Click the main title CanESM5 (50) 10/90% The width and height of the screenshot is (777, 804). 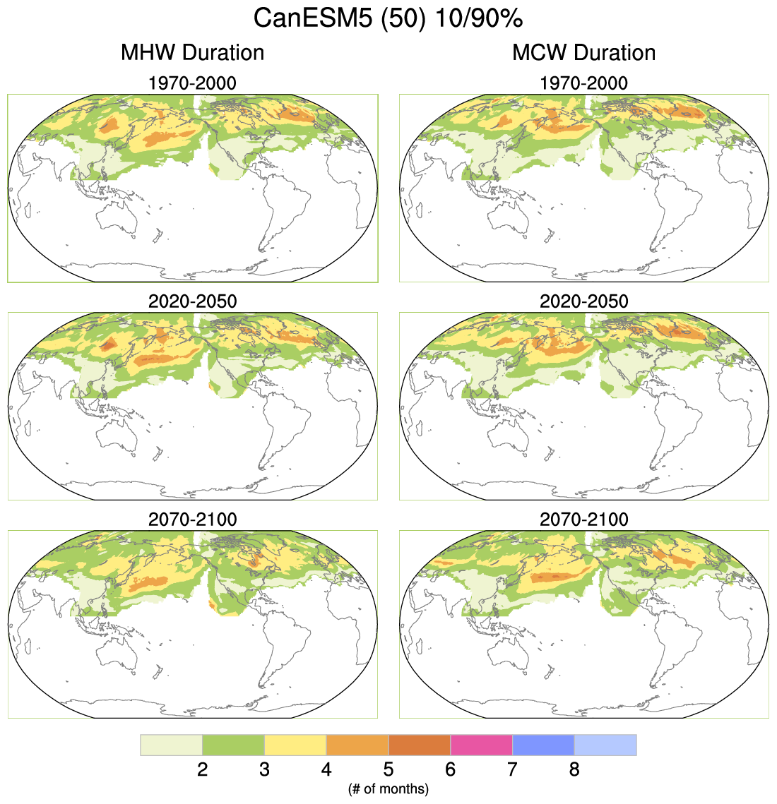(388, 18)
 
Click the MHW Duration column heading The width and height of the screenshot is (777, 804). (192, 53)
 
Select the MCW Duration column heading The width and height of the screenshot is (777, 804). (583, 53)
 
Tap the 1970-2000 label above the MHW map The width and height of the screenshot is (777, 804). (192, 83)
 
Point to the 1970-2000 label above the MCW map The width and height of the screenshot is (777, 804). (583, 83)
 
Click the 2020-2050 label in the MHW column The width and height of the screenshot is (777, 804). (192, 301)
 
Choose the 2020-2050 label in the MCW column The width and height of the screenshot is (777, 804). (583, 301)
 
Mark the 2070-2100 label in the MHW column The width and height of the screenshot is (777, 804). (192, 520)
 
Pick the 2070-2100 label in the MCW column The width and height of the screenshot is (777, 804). (583, 520)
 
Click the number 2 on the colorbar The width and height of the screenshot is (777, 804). (203, 769)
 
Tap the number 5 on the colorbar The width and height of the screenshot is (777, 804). (389, 769)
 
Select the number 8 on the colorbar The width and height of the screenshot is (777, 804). (574, 769)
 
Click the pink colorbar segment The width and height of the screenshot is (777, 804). (481, 745)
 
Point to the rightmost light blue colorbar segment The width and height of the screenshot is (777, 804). (605, 745)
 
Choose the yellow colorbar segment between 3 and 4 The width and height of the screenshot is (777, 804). (295, 745)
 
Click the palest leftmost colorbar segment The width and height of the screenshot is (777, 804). (172, 745)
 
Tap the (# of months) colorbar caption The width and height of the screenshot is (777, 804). (389, 788)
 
